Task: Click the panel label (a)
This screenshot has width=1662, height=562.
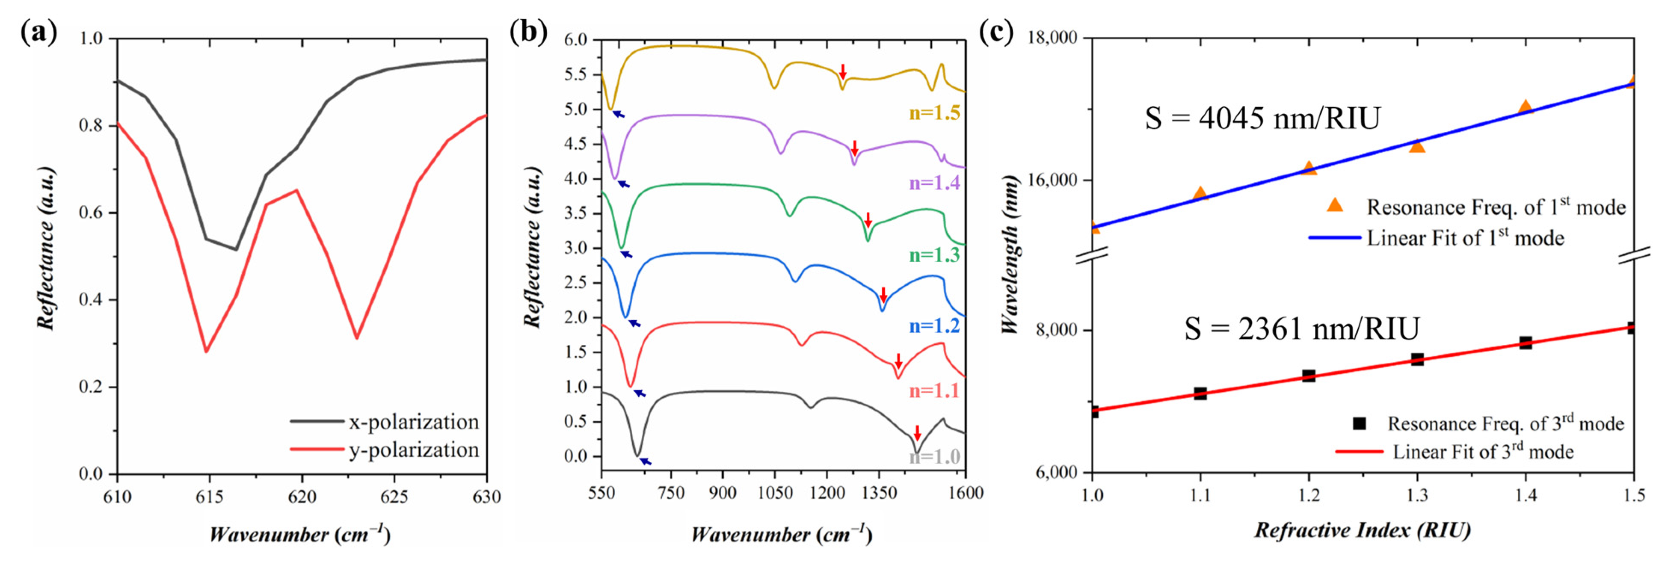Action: pos(39,32)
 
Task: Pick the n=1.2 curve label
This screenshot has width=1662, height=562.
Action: pos(934,326)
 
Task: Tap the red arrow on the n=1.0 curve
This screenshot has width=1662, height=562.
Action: pos(917,433)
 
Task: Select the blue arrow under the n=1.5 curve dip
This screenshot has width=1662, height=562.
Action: pos(618,114)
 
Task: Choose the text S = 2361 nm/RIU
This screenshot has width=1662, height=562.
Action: pos(1301,329)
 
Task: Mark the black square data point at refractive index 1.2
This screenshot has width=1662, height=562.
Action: pos(1309,376)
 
